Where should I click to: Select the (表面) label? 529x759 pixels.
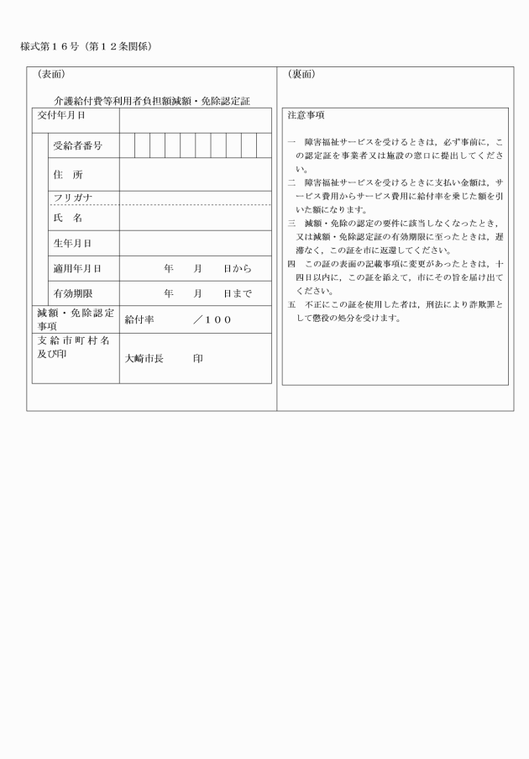pos(50,74)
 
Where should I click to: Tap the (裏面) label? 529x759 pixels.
pos(301,74)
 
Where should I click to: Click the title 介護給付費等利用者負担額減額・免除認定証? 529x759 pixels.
pos(152,101)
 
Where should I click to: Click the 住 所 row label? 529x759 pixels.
pos(68,175)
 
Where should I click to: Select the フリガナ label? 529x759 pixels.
pos(72,198)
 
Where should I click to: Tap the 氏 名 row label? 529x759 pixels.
pos(68,218)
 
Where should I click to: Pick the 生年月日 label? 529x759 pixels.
pos(72,243)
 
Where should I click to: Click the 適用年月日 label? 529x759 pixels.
pos(77,268)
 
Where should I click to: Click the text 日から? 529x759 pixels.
pos(237,268)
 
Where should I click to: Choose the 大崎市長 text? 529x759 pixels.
pos(144,357)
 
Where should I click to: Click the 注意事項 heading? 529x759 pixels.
pos(306,114)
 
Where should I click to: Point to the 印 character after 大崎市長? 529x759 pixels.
pos(198,357)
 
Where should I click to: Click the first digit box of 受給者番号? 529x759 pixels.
pos(127,145)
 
